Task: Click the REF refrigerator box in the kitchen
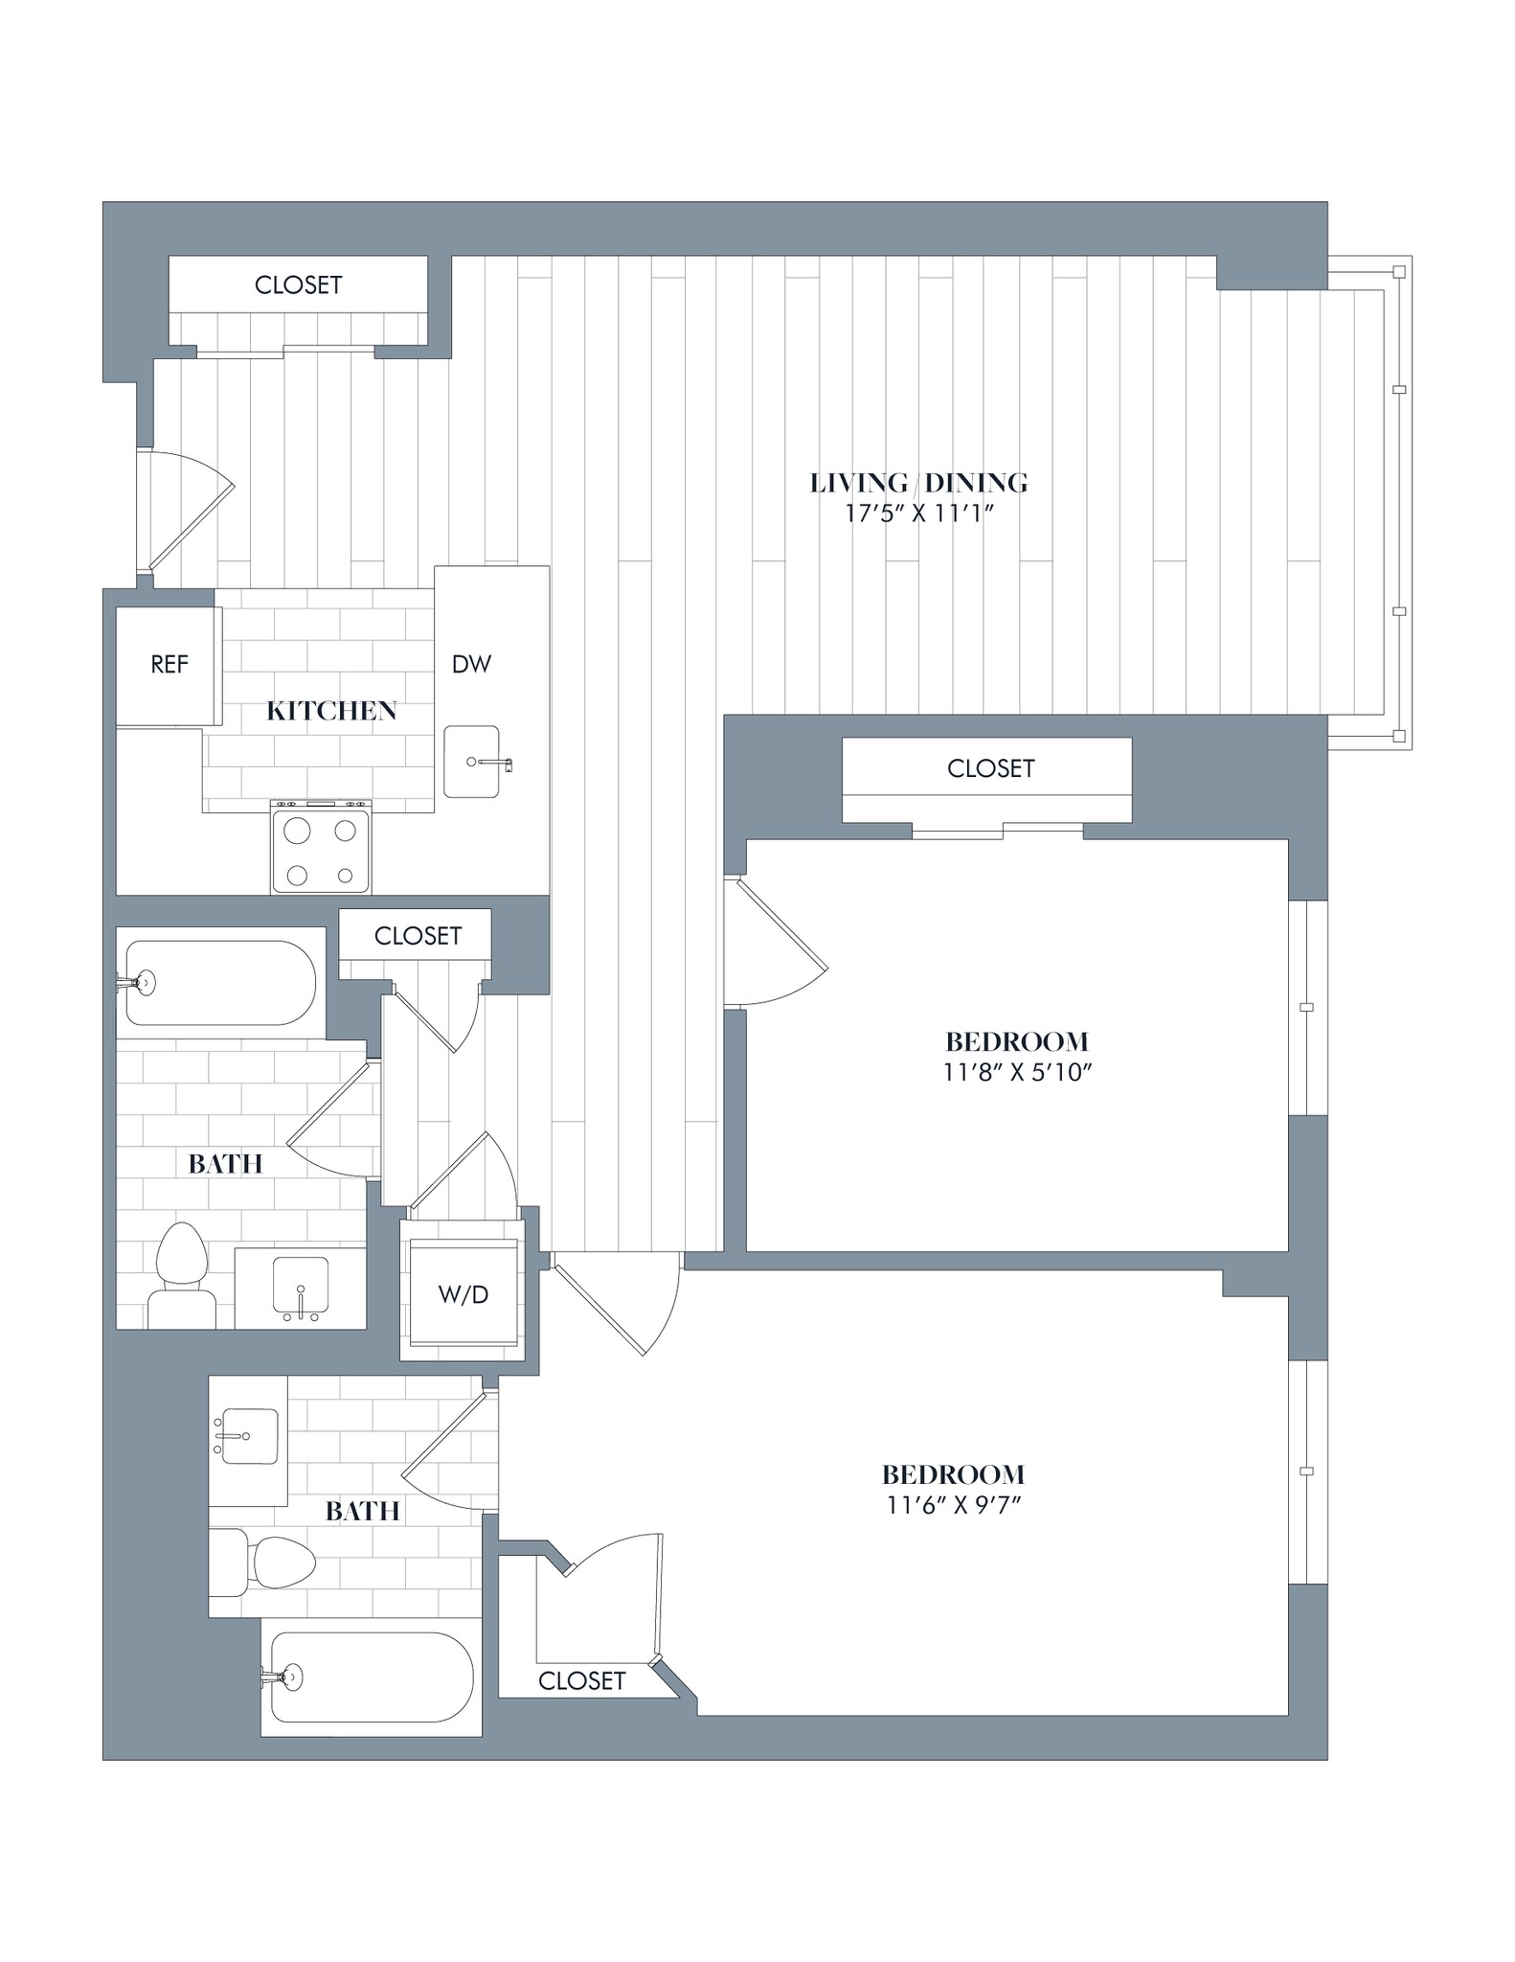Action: [169, 665]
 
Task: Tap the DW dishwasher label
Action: [471, 664]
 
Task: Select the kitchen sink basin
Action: [471, 762]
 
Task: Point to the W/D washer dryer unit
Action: [463, 1295]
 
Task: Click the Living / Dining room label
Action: [918, 483]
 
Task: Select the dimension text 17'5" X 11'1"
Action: [918, 513]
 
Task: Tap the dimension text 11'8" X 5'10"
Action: [1017, 1072]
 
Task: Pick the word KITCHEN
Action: [331, 711]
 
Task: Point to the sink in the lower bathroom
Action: [248, 1436]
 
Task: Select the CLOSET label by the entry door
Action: [298, 285]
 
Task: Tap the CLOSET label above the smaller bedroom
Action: [990, 768]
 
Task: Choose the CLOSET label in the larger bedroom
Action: [581, 1680]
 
